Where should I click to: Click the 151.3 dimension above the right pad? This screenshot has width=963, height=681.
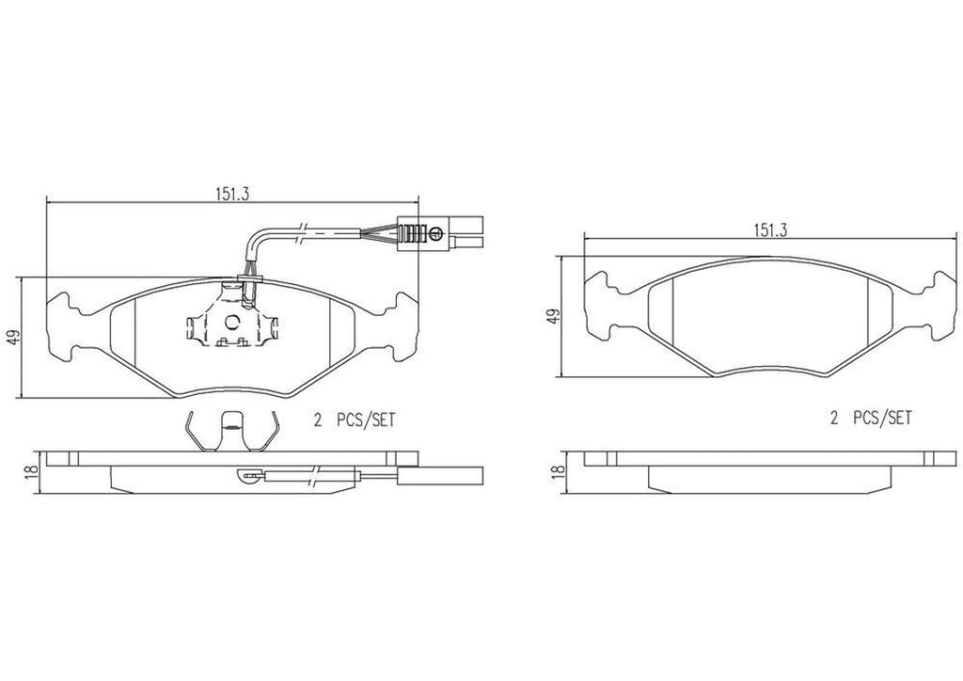point(769,229)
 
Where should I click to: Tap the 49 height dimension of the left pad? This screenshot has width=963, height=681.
point(12,337)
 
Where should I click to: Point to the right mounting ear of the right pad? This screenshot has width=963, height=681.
point(939,305)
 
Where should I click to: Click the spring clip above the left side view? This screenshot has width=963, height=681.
point(228,432)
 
